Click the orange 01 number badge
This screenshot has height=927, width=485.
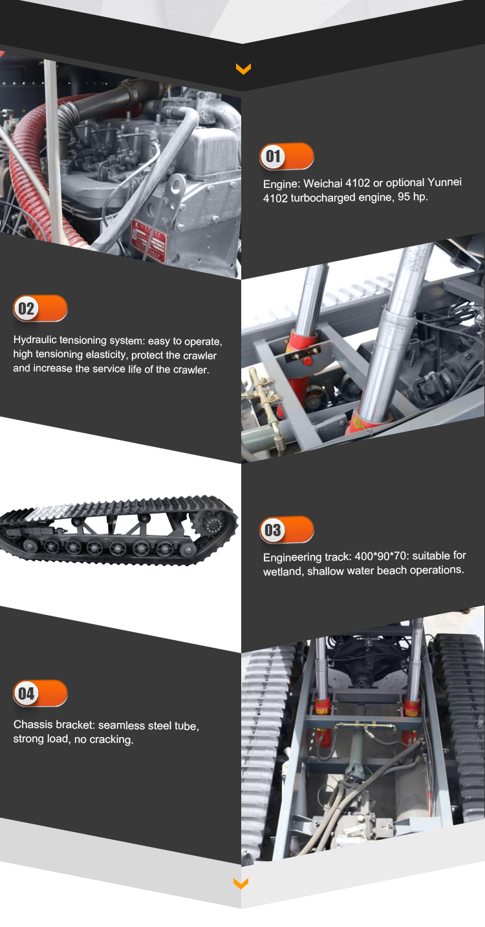pyautogui.click(x=286, y=156)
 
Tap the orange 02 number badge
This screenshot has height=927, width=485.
pyautogui.click(x=39, y=308)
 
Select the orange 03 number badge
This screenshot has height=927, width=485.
pyautogui.click(x=286, y=530)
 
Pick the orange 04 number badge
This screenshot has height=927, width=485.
pyautogui.click(x=39, y=694)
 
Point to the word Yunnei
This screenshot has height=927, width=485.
pyautogui.click(x=445, y=182)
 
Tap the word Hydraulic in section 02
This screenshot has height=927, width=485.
pyautogui.click(x=35, y=340)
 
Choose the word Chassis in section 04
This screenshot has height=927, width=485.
pyautogui.click(x=31, y=725)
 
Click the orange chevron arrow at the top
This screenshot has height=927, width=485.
pyautogui.click(x=243, y=68)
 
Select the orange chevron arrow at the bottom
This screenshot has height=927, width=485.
pyautogui.click(x=241, y=882)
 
